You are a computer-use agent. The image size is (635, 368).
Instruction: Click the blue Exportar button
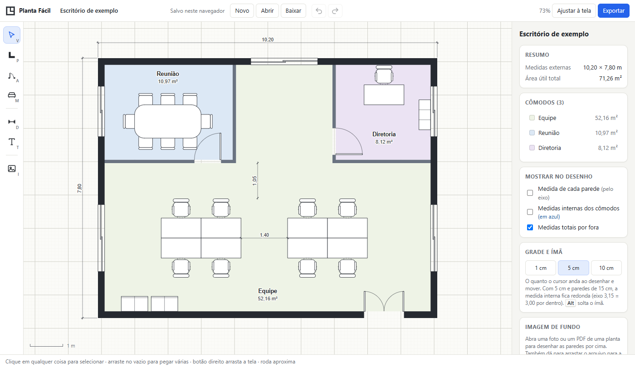point(613,11)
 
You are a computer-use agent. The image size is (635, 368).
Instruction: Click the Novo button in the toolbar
point(242,11)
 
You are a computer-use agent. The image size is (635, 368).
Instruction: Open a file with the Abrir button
point(267,11)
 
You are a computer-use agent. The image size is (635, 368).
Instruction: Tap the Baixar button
point(293,11)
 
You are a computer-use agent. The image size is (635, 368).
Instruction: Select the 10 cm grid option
point(606,268)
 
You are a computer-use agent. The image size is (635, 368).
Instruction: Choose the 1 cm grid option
point(541,268)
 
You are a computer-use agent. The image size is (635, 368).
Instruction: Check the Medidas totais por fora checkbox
point(530,228)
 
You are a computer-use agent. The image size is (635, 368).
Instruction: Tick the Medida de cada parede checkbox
point(530,193)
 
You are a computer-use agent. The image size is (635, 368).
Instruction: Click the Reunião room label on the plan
point(168,74)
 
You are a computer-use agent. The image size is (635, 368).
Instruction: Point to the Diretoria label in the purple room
point(384,134)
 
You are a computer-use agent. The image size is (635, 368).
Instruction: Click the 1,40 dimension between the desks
point(264,235)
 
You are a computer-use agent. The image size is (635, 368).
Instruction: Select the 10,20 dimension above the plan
point(268,40)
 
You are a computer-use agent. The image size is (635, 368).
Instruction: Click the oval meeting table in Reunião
point(168,121)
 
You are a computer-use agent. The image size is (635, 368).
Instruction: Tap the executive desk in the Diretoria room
point(384,94)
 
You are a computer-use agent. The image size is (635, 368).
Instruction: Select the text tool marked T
point(12,142)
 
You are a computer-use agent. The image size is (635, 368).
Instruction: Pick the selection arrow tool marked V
point(12,35)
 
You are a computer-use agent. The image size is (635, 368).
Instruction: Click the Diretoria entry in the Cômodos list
point(549,148)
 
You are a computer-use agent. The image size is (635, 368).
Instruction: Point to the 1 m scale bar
point(46,346)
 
